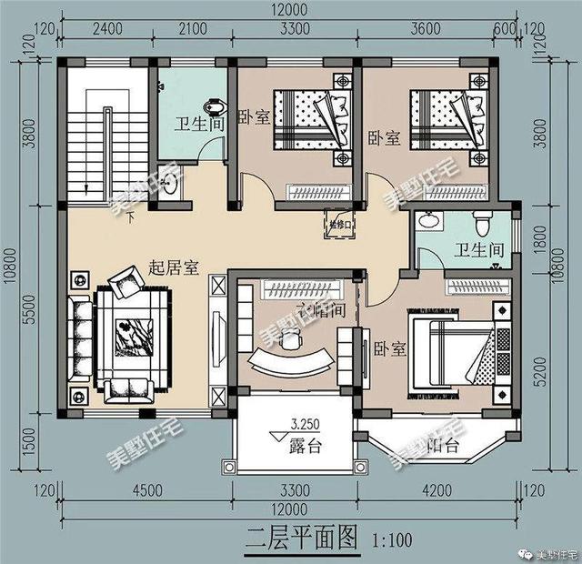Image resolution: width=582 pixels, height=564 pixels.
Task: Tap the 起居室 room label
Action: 175,269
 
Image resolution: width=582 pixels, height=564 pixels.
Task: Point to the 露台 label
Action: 305,446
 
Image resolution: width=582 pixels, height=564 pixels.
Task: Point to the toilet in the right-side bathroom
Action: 486,221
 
